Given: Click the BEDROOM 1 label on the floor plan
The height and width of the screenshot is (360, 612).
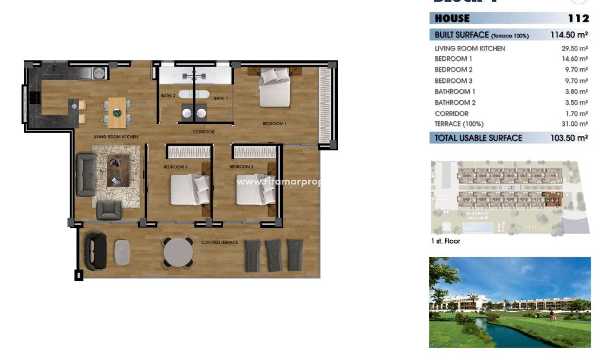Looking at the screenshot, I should (x=274, y=124).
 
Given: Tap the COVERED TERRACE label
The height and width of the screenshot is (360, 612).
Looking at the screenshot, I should (x=219, y=242).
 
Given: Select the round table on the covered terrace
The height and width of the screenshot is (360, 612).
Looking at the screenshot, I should (x=178, y=252).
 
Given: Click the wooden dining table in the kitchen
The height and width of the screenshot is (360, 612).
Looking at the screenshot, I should (x=116, y=112).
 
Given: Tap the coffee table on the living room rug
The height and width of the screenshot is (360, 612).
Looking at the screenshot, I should (x=118, y=170).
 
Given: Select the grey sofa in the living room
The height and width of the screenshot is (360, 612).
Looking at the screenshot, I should (x=86, y=174).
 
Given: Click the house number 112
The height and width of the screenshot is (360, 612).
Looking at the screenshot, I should (x=578, y=18).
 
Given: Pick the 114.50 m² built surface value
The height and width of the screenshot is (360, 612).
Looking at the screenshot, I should (x=569, y=35).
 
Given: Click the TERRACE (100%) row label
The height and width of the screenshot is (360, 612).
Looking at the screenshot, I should (x=458, y=124).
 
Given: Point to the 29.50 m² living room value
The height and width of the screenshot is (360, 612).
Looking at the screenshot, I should (x=574, y=48).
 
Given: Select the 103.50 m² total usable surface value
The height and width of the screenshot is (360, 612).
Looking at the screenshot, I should (x=569, y=138).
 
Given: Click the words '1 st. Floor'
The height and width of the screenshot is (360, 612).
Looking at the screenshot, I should (x=445, y=241).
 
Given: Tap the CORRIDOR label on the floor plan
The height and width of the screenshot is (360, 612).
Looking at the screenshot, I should (x=203, y=132).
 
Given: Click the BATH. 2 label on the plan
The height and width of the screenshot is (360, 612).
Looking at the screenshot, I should (x=168, y=96).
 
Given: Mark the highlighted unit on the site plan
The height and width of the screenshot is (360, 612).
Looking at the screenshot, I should (x=552, y=199).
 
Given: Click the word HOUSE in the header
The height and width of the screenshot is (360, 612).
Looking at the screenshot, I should (x=452, y=18).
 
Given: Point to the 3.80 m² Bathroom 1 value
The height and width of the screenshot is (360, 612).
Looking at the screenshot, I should (x=574, y=91).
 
